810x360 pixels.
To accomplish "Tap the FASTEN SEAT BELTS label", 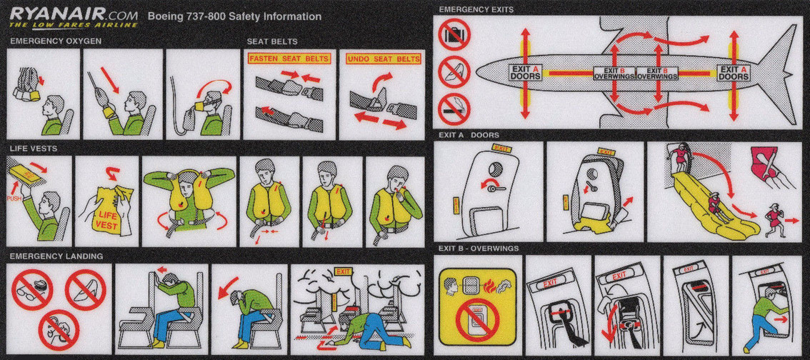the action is pyautogui.click(x=289, y=59).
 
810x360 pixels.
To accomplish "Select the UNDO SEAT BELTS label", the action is pyautogui.click(x=384, y=59).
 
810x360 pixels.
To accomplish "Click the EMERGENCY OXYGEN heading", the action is pyautogui.click(x=56, y=41).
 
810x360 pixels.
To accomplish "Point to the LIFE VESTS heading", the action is pyautogui.click(x=33, y=149).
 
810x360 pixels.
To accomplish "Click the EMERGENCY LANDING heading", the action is pyautogui.click(x=56, y=256).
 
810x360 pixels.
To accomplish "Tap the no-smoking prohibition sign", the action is pyautogui.click(x=454, y=109).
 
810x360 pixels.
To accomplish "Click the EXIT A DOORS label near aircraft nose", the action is pyautogui.click(x=526, y=72).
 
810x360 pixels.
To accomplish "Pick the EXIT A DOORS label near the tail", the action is pyautogui.click(x=734, y=72).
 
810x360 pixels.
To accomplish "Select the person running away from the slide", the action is pyautogui.click(x=776, y=219).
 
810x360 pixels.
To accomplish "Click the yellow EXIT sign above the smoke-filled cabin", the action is pyautogui.click(x=342, y=271).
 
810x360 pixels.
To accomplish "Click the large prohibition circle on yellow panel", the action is pyautogui.click(x=477, y=320).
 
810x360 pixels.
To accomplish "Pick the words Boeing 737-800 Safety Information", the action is pyautogui.click(x=234, y=16).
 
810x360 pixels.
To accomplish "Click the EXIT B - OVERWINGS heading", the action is pyautogui.click(x=479, y=249).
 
